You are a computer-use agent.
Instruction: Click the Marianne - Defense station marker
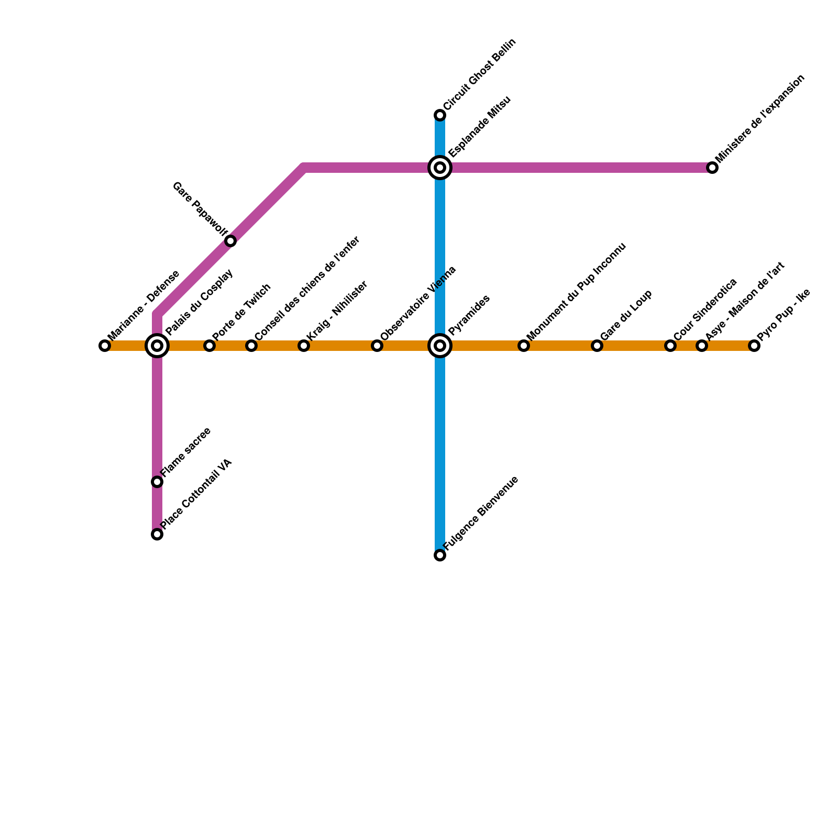click(x=105, y=346)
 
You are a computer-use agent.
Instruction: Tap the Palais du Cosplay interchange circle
click(x=157, y=346)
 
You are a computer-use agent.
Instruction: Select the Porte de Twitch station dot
click(x=210, y=346)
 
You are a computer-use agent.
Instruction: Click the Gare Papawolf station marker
click(x=230, y=241)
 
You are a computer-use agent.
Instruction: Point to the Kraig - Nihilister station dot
click(x=304, y=346)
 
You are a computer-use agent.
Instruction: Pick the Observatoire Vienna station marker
click(x=377, y=346)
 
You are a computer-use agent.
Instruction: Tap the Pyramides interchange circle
click(x=440, y=346)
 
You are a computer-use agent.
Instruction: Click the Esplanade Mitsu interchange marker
click(x=440, y=168)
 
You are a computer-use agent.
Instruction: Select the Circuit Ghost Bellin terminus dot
click(x=440, y=115)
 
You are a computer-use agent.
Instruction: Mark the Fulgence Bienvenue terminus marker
click(x=440, y=555)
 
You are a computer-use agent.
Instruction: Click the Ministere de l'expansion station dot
click(x=712, y=168)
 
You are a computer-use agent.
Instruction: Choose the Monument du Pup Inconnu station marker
click(x=524, y=346)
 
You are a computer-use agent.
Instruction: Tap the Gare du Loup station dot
click(x=597, y=346)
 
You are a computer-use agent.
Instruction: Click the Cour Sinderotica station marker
click(x=670, y=346)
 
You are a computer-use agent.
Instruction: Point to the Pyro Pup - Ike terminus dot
click(x=754, y=346)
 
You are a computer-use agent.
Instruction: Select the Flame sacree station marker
click(x=157, y=482)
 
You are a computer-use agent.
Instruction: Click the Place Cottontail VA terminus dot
click(x=157, y=534)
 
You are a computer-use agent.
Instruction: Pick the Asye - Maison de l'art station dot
click(x=702, y=346)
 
